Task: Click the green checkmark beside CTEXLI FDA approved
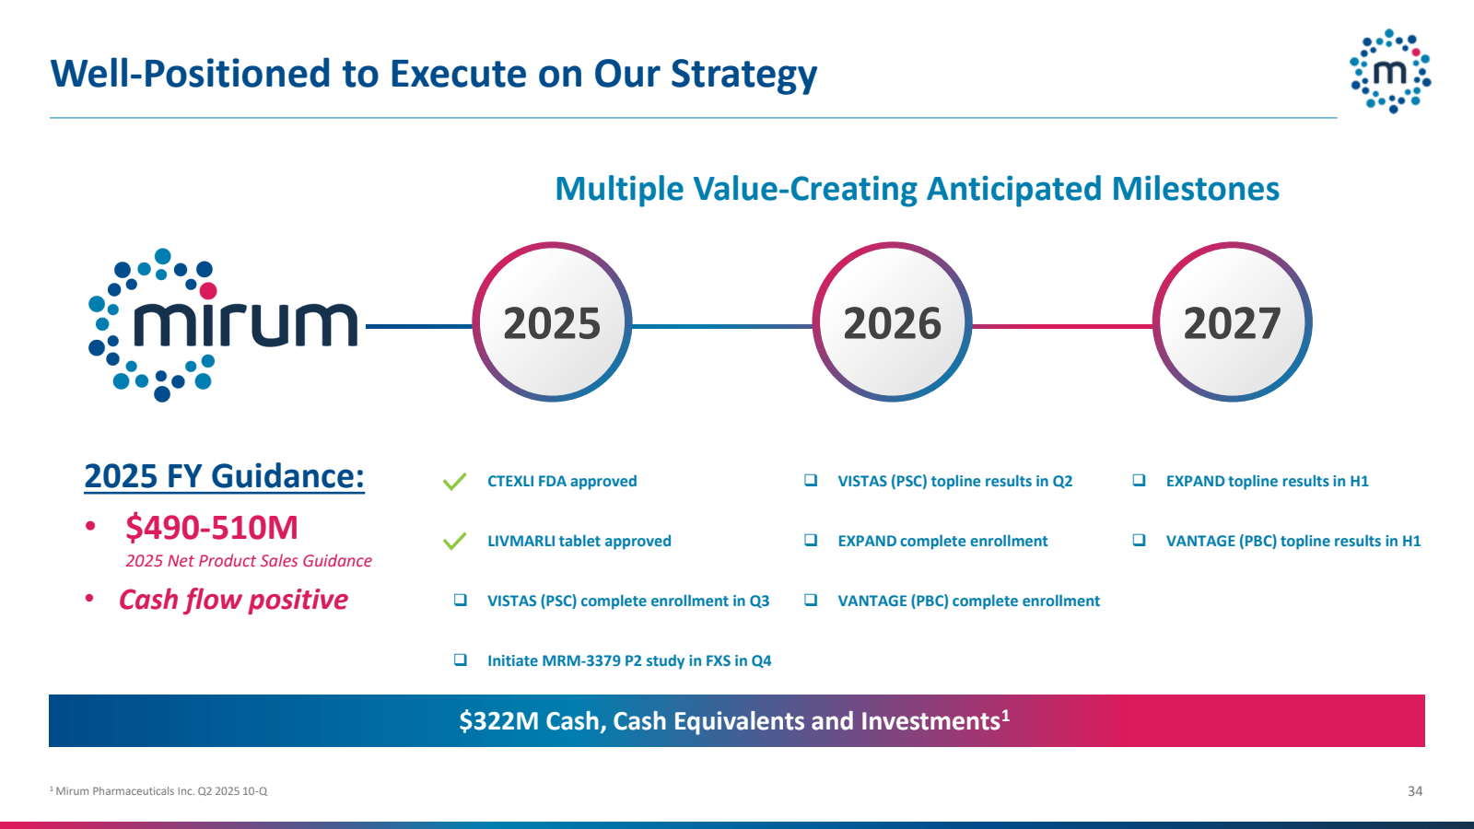click(x=455, y=482)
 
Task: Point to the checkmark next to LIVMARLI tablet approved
click(x=455, y=541)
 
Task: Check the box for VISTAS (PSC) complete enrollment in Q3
click(x=461, y=600)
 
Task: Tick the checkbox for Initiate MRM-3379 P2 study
click(x=461, y=660)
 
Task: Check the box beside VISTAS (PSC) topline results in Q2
click(x=811, y=480)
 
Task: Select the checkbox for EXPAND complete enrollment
click(x=811, y=540)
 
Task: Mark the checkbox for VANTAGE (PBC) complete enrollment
click(x=811, y=600)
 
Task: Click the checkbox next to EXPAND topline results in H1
click(x=1139, y=480)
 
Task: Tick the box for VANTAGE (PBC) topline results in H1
click(x=1139, y=540)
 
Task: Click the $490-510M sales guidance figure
click(x=212, y=528)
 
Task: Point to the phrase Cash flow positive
click(x=234, y=600)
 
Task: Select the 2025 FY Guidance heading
click(x=225, y=476)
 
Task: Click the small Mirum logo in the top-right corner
click(x=1390, y=71)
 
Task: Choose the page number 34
click(x=1415, y=791)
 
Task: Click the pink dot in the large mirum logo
click(x=208, y=291)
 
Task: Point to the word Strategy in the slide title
click(x=743, y=74)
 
